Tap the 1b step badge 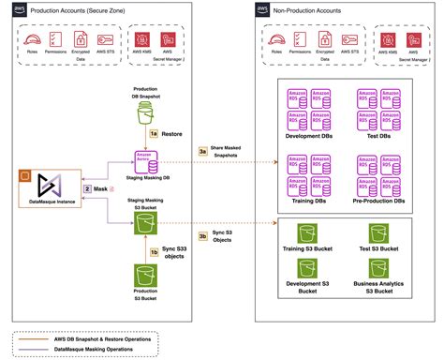[155, 251]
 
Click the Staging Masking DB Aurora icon [145, 160]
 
